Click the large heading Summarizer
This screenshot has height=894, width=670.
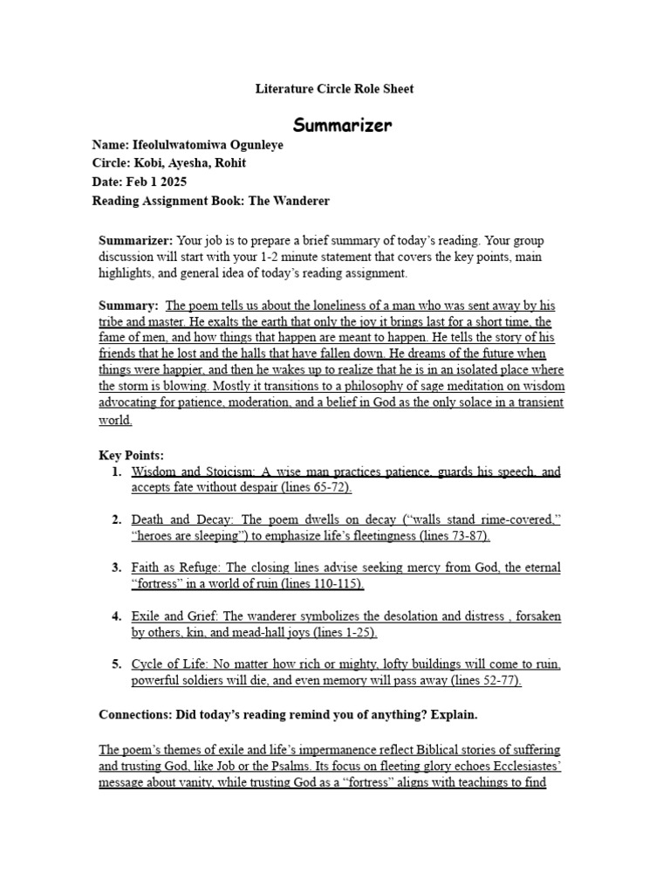coord(341,125)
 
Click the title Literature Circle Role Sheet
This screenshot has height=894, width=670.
coord(334,89)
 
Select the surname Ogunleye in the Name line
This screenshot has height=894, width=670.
coord(252,145)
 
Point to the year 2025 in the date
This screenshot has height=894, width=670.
coord(172,182)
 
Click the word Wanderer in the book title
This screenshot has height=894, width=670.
coord(302,201)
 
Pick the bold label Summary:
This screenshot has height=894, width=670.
coord(128,306)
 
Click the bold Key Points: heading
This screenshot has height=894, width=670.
coord(131,455)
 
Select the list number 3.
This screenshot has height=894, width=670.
coord(116,567)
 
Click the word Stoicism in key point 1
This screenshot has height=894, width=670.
coord(221,471)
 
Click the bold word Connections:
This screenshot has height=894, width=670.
coord(138,715)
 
